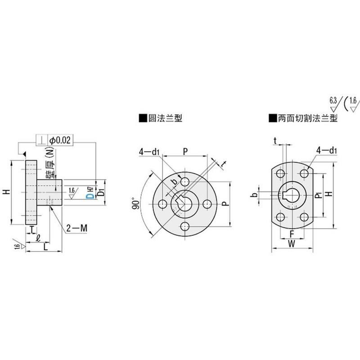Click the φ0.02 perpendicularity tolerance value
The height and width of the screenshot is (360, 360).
coord(60,140)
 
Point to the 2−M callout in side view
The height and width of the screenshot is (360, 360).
coord(76,229)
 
